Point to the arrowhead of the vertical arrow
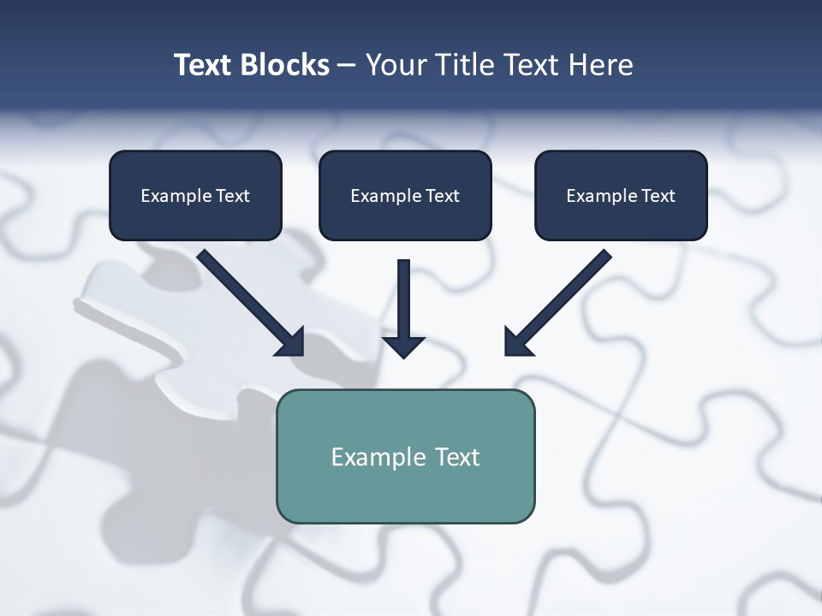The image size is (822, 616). [x=403, y=346]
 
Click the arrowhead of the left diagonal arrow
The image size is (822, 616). [x=291, y=342]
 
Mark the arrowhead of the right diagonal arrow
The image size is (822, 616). [x=517, y=341]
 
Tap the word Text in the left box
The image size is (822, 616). [x=233, y=196]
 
